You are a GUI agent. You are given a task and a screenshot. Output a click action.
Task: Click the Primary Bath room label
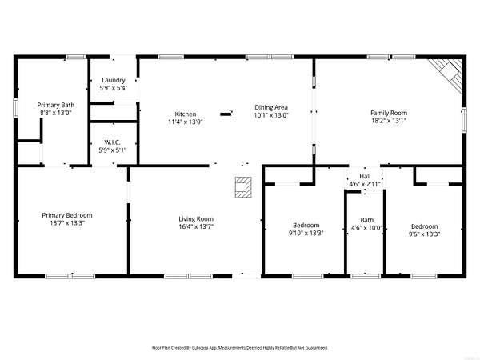pos(56,105)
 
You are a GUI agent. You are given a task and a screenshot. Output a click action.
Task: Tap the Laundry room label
pos(114,80)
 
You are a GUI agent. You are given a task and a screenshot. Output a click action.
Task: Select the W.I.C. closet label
pos(112,142)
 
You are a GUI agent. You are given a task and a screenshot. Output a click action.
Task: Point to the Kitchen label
pos(186,114)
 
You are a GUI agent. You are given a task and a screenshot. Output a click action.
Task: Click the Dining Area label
pos(271,107)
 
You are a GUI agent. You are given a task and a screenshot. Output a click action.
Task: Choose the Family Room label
pos(389,113)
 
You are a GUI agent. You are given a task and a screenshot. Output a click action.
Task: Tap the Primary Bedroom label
pos(67,215)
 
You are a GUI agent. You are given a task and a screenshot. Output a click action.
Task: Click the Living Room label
pos(196,219)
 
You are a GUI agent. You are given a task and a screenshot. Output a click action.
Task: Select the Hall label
pos(365,176)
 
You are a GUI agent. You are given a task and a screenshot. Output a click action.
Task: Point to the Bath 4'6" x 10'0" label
pos(366,224)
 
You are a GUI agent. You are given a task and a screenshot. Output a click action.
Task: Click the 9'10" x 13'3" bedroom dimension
pos(306,233)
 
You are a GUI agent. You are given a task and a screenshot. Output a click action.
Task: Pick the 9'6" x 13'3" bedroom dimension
pos(424,234)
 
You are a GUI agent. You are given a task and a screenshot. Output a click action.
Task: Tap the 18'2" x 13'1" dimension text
pos(389,121)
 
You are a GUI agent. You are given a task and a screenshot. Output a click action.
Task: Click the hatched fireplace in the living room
pos(243,187)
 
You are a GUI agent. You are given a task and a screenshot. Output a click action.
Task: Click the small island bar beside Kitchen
pos(226,114)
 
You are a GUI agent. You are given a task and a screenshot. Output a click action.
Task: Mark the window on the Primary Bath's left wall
pos(15,107)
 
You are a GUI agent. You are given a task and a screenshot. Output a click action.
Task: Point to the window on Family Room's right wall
pos(464,120)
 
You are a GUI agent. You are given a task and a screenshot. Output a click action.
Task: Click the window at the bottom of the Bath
pos(366,277)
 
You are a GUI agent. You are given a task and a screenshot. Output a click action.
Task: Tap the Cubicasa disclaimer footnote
pos(240,348)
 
